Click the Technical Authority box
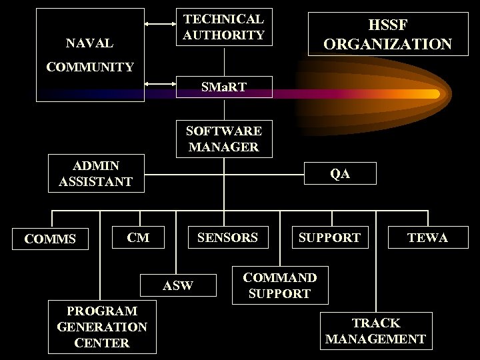[x=224, y=27]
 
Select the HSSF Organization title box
[x=387, y=34]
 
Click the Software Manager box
[x=224, y=139]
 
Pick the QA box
[x=339, y=173]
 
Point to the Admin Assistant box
[x=95, y=173]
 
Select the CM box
[x=138, y=237]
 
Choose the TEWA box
[x=427, y=237]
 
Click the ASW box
[x=178, y=285]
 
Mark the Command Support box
[x=280, y=285]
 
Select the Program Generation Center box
[x=102, y=327]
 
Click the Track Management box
[x=375, y=331]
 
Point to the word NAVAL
[x=89, y=44]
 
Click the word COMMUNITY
[x=89, y=67]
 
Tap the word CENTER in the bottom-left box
[x=102, y=343]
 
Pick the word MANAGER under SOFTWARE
[x=224, y=147]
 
